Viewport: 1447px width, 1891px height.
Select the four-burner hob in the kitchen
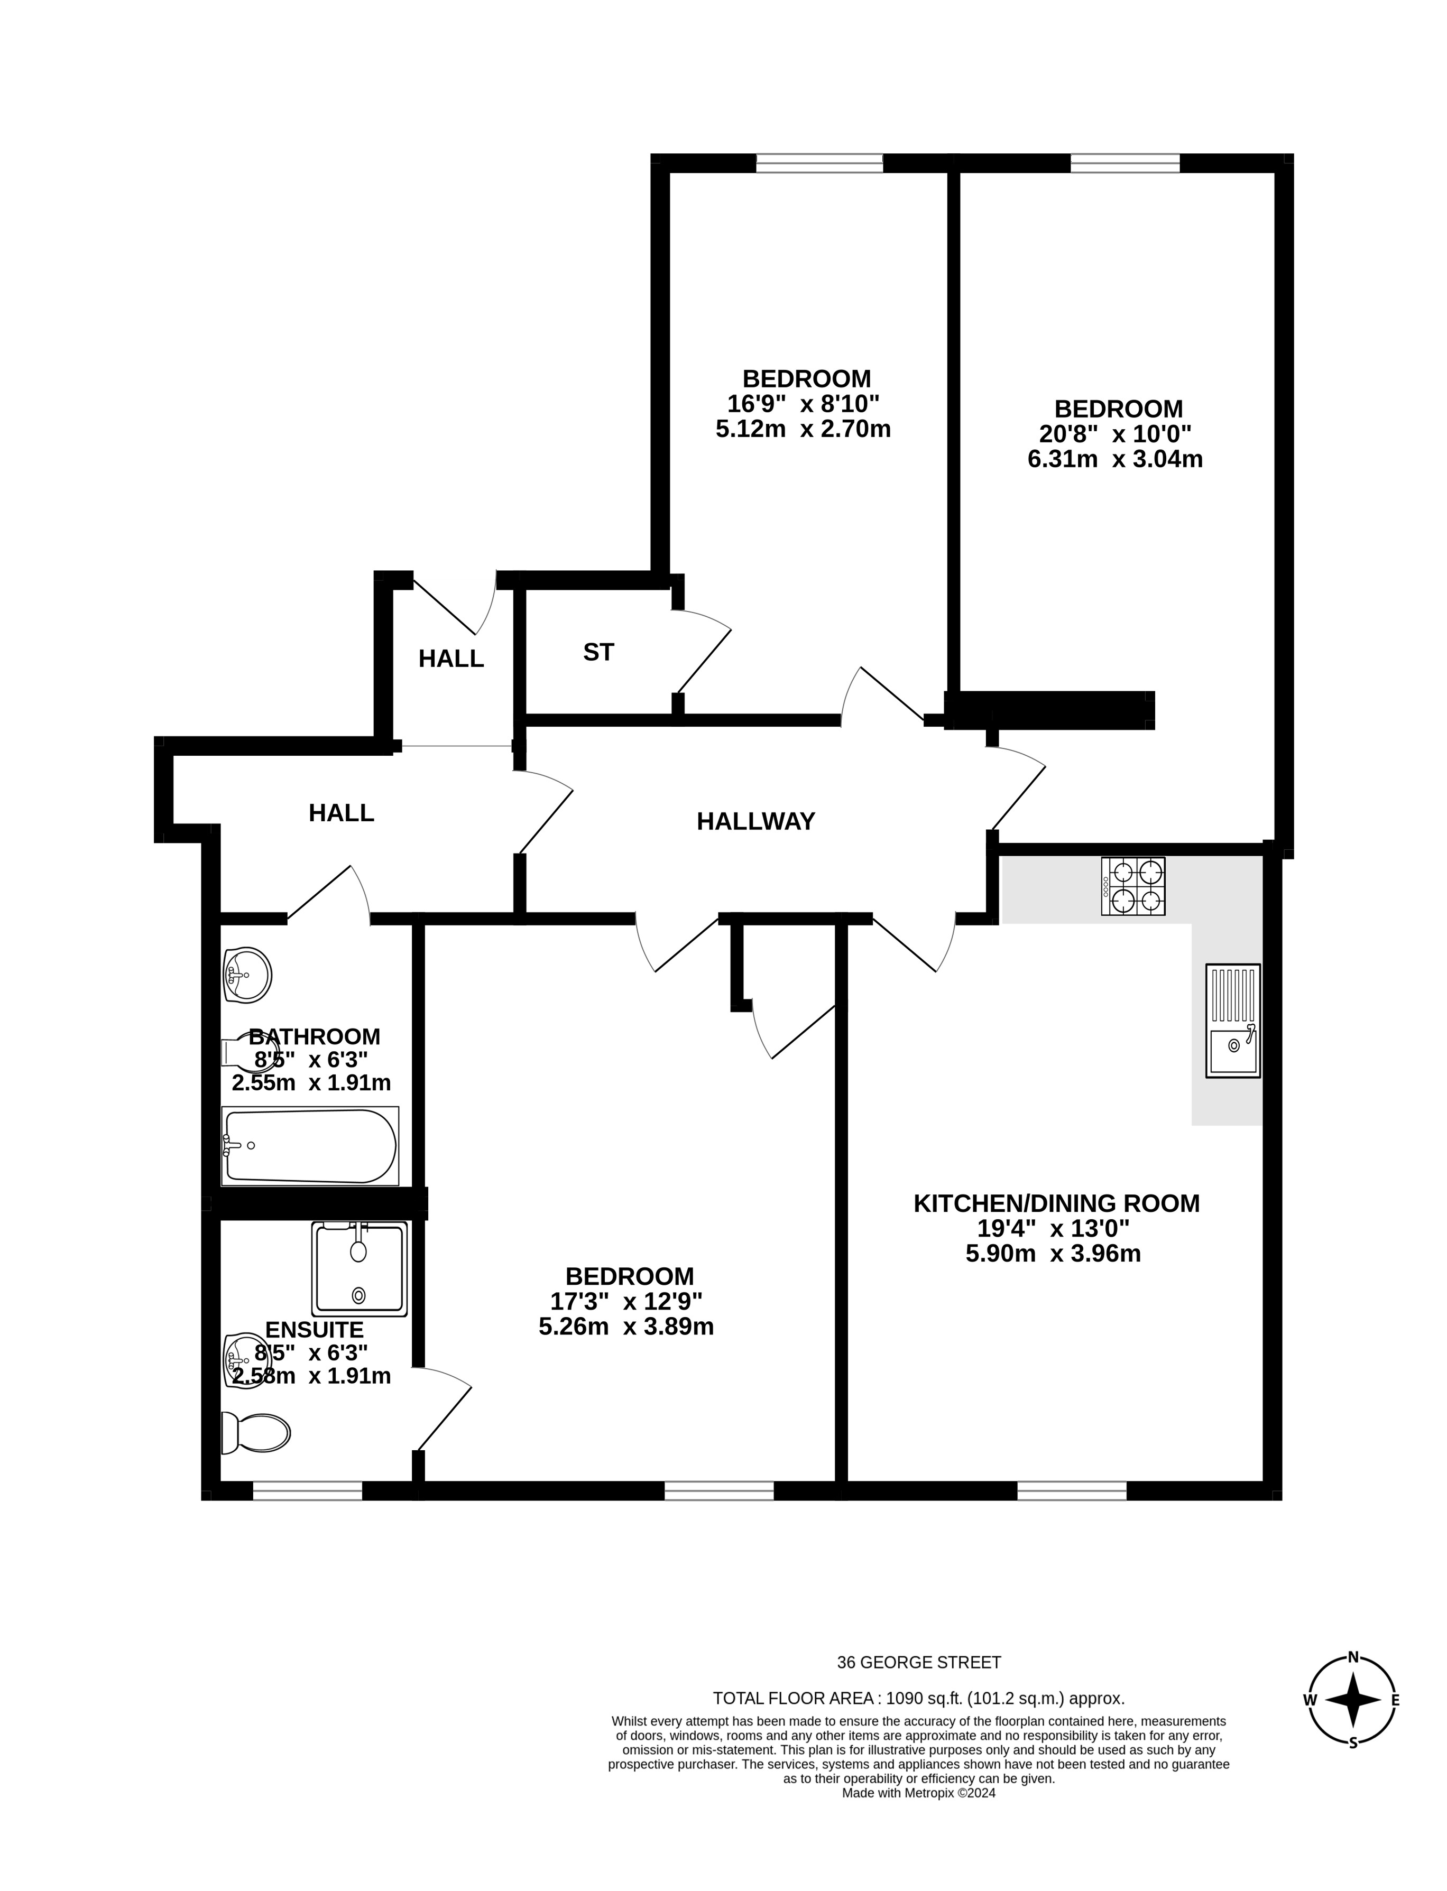[x=1132, y=886]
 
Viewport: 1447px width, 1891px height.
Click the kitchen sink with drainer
[x=1232, y=1021]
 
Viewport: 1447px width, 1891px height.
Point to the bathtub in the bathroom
[x=310, y=1146]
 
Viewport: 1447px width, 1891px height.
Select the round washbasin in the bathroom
[x=247, y=976]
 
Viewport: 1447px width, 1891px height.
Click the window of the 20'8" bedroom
[x=1125, y=163]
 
